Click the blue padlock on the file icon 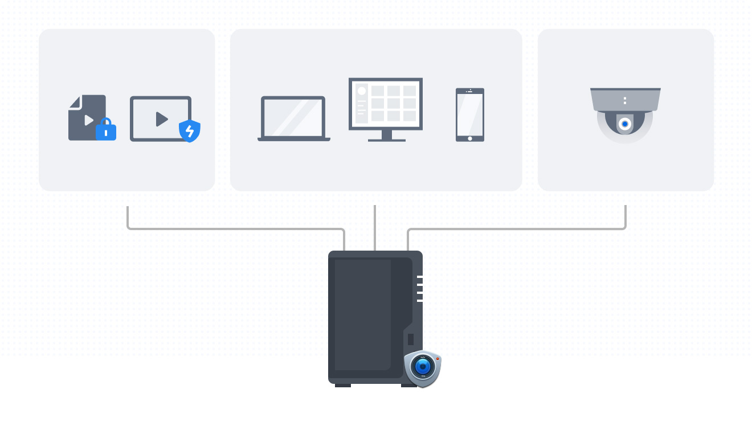(106, 130)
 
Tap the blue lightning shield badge (190, 131)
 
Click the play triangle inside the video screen (162, 119)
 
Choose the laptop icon (293, 118)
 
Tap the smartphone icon (470, 114)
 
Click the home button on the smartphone (470, 138)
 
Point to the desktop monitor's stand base (387, 140)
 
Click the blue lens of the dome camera (625, 124)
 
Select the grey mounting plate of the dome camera (626, 100)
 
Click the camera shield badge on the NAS (423, 368)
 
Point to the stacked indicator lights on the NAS (420, 289)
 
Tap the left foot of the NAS (343, 386)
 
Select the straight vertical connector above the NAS (375, 228)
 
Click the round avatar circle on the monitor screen (362, 91)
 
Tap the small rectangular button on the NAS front (411, 339)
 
